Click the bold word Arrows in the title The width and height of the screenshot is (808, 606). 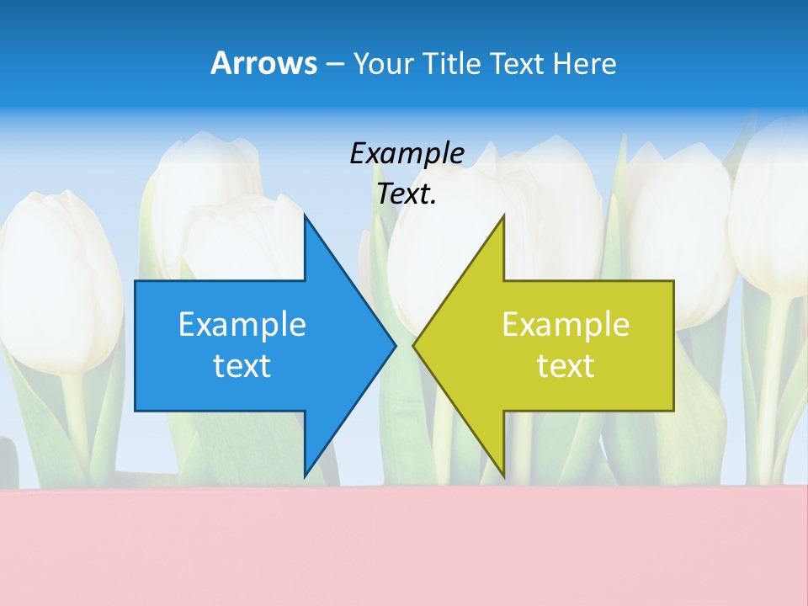263,63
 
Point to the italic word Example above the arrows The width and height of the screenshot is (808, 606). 407,153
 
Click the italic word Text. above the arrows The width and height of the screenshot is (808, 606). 407,194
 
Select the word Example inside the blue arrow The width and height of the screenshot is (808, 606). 242,324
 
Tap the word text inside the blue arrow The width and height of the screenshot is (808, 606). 242,365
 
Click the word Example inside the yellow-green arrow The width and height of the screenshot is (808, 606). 566,324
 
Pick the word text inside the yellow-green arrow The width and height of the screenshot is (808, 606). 566,365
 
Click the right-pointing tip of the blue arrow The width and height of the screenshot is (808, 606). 396,345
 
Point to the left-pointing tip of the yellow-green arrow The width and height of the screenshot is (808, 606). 413,345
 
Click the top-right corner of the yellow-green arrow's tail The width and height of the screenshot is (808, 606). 673,281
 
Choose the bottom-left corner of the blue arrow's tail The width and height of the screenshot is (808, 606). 136,411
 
